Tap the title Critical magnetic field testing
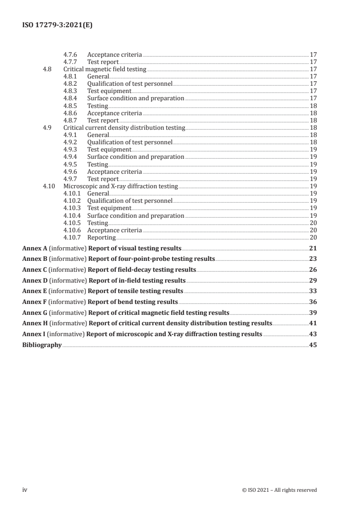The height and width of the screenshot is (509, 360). (x=105, y=69)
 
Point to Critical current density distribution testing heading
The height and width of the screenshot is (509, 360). (x=124, y=128)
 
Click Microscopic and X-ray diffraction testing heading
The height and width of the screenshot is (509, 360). (x=120, y=186)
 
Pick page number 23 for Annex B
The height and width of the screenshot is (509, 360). (x=313, y=259)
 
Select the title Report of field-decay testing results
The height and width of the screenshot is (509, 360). (x=142, y=269)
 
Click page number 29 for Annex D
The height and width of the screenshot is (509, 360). (x=313, y=280)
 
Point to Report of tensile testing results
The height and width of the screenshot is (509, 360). (x=135, y=291)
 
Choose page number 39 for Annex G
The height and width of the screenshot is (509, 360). (x=313, y=313)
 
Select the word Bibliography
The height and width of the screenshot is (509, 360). (x=42, y=345)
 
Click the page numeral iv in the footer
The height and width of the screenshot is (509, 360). (x=25, y=490)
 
